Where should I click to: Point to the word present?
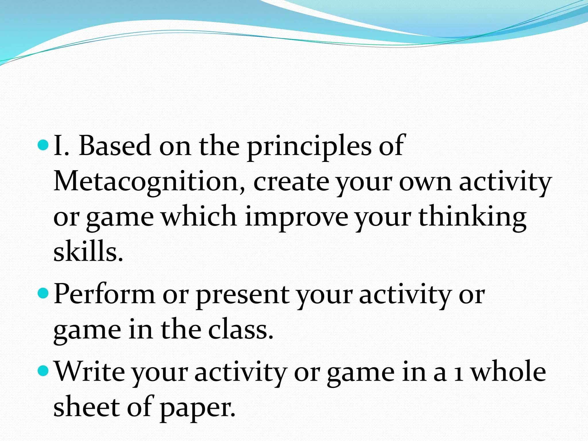[243, 296]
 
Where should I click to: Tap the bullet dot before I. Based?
[44, 145]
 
